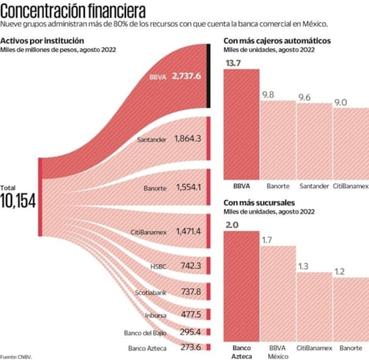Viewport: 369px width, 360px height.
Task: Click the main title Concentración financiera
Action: click(73, 10)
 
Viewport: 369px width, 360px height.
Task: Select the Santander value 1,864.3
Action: click(187, 139)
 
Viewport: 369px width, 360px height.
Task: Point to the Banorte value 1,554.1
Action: click(187, 187)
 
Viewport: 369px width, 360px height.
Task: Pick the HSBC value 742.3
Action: click(190, 265)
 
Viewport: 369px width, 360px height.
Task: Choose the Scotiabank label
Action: click(151, 292)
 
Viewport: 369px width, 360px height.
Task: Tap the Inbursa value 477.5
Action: click(190, 315)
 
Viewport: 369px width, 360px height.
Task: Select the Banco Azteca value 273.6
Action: click(190, 347)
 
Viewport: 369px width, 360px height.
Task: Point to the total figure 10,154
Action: click(18, 201)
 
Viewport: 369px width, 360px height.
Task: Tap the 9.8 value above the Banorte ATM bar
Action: click(268, 95)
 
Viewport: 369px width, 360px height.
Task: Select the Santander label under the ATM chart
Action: click(314, 186)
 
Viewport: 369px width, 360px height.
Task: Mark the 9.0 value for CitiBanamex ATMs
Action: click(340, 102)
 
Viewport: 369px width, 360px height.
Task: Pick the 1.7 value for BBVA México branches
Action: click(267, 240)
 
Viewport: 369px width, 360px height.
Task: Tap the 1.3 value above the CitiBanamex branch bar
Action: click(303, 266)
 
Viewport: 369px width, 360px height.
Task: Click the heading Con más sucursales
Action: click(259, 202)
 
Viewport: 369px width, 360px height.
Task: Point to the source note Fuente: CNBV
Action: click(16, 357)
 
